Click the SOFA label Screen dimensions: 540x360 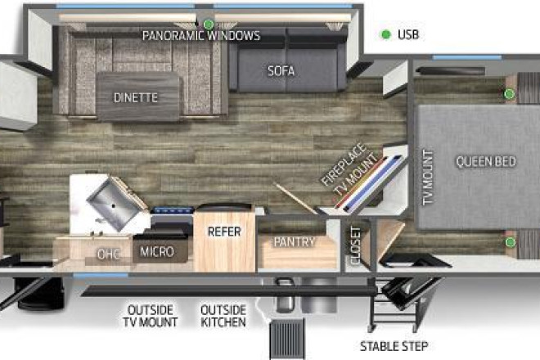(281, 71)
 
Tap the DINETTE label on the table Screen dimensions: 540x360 (136, 98)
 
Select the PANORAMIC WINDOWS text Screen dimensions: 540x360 (201, 35)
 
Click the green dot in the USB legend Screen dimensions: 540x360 (386, 34)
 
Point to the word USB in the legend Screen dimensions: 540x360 (408, 34)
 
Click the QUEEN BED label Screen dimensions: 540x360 (486, 161)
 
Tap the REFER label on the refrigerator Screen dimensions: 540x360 (224, 232)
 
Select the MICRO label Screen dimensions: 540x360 (157, 252)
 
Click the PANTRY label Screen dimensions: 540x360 (295, 242)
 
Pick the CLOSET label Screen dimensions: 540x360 (355, 245)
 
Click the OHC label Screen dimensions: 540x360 (109, 254)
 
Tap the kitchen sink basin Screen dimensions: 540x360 (114, 205)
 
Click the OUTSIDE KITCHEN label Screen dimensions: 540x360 (223, 316)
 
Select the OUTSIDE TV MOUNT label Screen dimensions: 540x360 (151, 316)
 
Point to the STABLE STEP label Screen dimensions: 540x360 (394, 346)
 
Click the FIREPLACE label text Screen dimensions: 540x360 (344, 164)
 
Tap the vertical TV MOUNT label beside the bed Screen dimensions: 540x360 (427, 178)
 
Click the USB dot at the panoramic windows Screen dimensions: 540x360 (209, 24)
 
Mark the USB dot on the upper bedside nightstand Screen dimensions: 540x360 (510, 93)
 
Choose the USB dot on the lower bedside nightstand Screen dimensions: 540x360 (510, 242)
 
